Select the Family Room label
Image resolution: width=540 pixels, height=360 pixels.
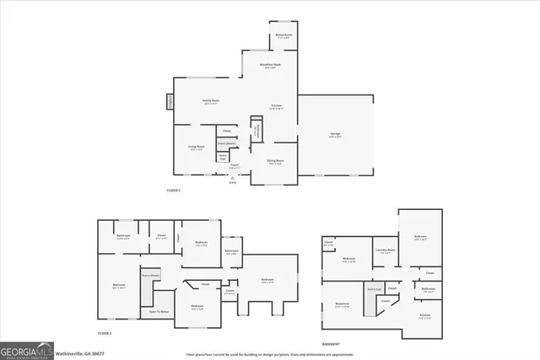(211, 102)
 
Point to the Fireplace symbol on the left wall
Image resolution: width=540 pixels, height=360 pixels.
(169, 101)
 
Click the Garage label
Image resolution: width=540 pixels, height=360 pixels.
(335, 136)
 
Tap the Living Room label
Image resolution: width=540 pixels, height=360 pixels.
(197, 148)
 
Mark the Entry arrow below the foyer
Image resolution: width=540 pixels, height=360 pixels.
(233, 179)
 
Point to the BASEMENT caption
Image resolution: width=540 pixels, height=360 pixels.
(332, 344)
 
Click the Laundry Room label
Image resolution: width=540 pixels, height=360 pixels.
(386, 250)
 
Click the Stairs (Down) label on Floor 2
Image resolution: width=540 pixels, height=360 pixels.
(151, 275)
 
